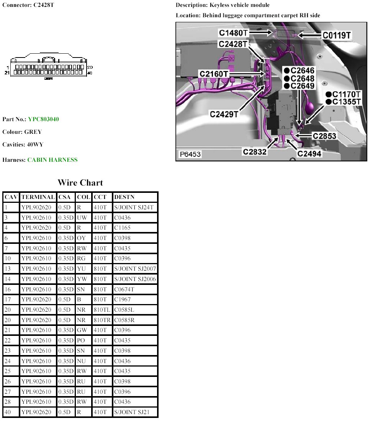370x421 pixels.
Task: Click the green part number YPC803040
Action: point(43,119)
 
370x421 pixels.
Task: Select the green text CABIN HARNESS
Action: point(52,160)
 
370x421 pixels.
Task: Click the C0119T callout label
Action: point(337,35)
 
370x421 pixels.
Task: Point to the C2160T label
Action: point(214,74)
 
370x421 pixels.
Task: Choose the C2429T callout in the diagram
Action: point(224,114)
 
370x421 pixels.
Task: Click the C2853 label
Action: point(324,136)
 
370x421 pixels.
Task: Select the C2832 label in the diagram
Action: point(255,152)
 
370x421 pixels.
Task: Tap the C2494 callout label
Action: point(309,154)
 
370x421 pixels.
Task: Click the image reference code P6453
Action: point(190,155)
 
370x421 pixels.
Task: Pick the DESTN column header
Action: point(124,197)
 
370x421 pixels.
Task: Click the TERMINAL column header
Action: point(38,197)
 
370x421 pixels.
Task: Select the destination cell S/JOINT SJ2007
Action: point(135,269)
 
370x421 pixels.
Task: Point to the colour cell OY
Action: point(82,238)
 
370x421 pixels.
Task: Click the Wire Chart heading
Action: point(80,183)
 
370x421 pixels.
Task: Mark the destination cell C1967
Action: point(123,299)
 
